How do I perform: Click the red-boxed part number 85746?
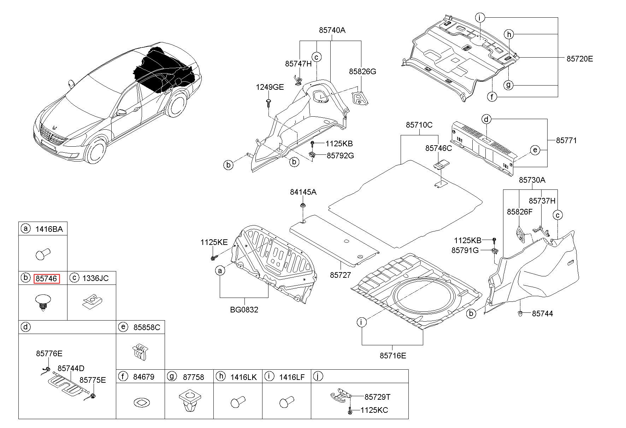click(x=47, y=279)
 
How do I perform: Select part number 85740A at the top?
click(x=332, y=30)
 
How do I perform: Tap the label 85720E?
click(x=580, y=59)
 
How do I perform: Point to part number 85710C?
click(x=419, y=125)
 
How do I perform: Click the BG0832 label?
click(x=244, y=310)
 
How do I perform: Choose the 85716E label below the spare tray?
click(x=393, y=356)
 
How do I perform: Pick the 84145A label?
click(x=303, y=192)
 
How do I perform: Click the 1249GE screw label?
click(x=270, y=87)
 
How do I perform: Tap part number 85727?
click(x=341, y=275)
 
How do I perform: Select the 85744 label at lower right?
click(x=543, y=313)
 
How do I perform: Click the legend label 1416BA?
click(x=49, y=229)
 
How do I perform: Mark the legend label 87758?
click(x=194, y=377)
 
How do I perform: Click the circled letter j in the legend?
click(x=318, y=376)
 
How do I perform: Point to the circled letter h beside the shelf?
click(x=509, y=34)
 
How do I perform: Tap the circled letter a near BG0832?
click(x=220, y=271)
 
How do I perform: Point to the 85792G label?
click(x=340, y=156)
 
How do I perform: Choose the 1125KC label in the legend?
click(x=374, y=410)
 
